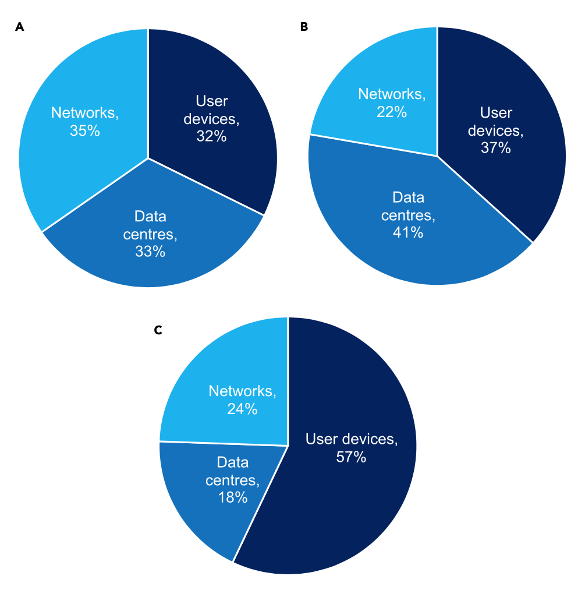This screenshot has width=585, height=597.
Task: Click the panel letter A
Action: pos(20,27)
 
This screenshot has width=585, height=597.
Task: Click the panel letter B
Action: pos(304,27)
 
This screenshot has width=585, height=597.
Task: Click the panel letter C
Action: pos(158,330)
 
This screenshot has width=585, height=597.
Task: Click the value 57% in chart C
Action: pos(351,457)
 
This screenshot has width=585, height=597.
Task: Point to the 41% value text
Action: pos(407,233)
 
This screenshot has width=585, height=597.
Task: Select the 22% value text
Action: pos(391,111)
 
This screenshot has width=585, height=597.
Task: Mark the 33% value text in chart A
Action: pos(150,252)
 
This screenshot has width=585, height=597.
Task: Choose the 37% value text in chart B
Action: pos(495,148)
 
